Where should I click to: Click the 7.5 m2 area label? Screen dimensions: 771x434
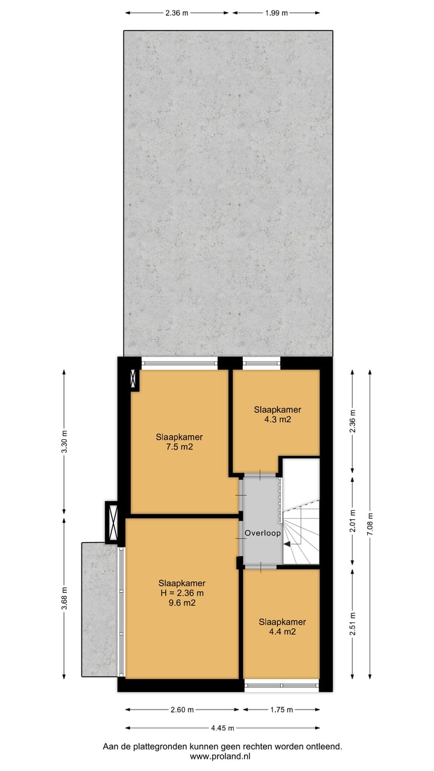[x=178, y=447]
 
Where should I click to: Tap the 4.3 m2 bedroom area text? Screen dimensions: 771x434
[x=277, y=419]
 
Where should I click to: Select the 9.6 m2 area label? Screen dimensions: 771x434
[x=182, y=602]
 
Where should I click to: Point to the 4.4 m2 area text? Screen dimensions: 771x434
[x=282, y=632]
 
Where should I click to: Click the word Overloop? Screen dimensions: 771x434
[x=262, y=534]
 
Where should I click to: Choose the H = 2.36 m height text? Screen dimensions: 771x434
[x=182, y=593]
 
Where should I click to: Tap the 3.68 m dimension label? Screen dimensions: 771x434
[x=64, y=599]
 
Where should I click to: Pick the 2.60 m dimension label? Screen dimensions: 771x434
[x=181, y=710]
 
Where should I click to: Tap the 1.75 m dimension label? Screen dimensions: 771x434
[x=281, y=710]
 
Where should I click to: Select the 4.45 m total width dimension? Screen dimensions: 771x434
[x=222, y=728]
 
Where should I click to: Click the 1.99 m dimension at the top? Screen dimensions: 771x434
[x=276, y=13]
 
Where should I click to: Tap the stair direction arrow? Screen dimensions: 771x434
[x=288, y=544]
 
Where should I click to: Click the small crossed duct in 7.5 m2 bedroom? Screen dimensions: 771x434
[x=134, y=379]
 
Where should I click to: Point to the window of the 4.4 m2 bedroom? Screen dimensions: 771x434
[x=281, y=685]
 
